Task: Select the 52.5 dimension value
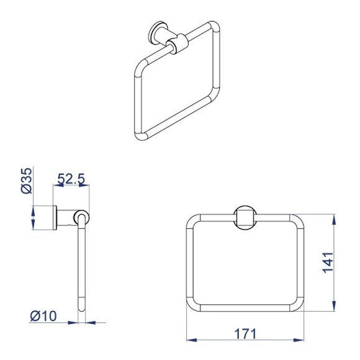[x=71, y=180]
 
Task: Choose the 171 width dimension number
[x=245, y=333]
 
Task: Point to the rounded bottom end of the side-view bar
[x=81, y=307]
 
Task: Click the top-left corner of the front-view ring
[x=194, y=222]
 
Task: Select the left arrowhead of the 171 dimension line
[x=191, y=340]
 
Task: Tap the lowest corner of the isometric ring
[x=140, y=135]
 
